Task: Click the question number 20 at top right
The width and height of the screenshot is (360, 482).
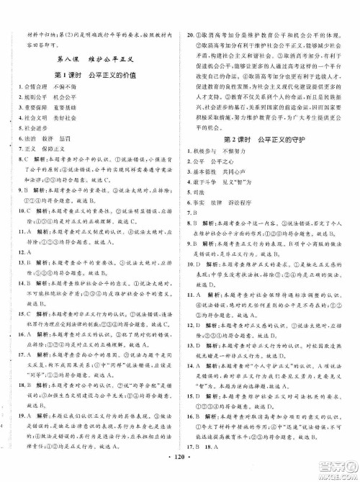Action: [191, 35]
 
